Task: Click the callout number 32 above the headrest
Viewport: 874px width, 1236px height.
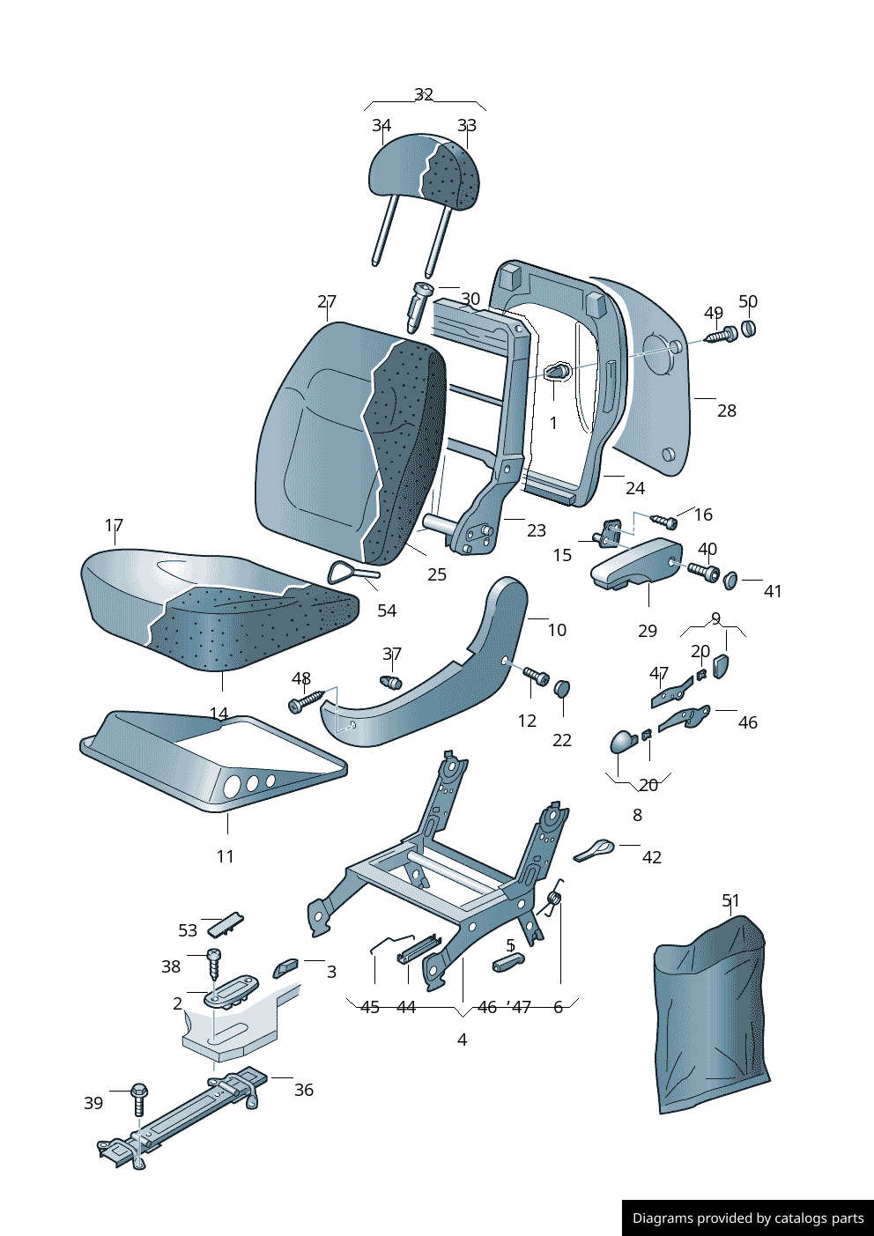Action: [424, 94]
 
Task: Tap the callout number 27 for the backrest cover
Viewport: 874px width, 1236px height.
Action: [327, 301]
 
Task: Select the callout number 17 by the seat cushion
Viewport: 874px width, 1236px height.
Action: [114, 525]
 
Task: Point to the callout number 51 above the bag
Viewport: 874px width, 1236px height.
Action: [730, 900]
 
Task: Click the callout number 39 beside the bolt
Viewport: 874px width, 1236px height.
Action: [93, 1103]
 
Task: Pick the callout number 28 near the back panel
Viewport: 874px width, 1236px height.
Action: [726, 411]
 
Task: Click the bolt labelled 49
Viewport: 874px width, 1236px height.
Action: [721, 336]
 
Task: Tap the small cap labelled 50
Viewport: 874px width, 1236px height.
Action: [748, 329]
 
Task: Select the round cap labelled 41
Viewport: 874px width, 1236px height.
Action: [730, 580]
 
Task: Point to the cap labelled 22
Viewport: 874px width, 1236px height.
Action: [562, 687]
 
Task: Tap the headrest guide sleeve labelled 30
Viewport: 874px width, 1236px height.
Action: [419, 305]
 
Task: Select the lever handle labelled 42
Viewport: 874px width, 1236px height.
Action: [595, 849]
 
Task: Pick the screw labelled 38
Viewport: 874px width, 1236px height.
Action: [213, 964]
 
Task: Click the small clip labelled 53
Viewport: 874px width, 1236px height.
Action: [226, 925]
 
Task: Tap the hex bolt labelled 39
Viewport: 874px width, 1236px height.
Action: [138, 1097]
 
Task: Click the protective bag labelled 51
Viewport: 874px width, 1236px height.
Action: [710, 1013]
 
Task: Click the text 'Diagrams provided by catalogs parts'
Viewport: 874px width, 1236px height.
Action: [748, 1218]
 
